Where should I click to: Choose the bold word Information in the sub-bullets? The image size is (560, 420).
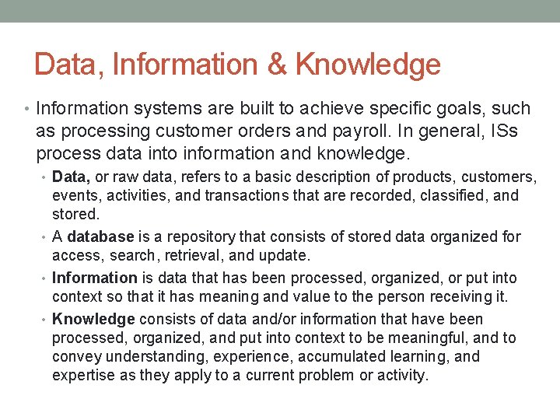pos(94,278)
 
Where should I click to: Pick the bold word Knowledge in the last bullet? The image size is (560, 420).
pos(93,319)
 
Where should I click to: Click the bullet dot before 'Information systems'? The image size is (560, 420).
pos(27,109)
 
